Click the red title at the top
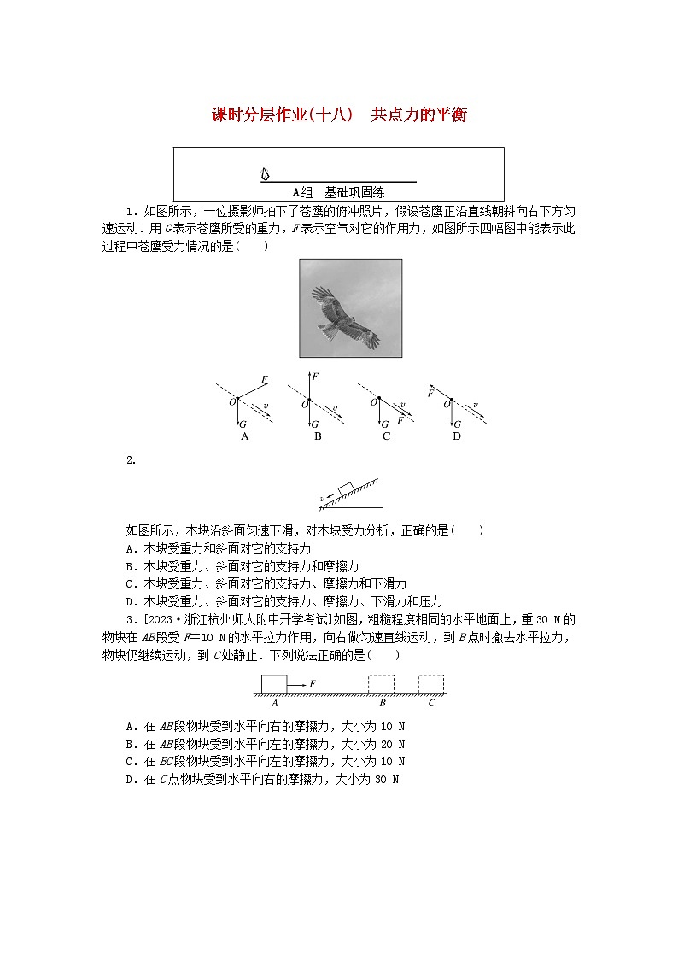click(x=338, y=115)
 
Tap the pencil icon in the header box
click(x=266, y=174)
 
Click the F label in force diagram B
click(x=316, y=376)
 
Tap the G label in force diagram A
click(x=244, y=424)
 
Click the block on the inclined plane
click(x=346, y=488)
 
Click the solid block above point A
click(x=273, y=684)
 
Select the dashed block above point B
click(x=381, y=684)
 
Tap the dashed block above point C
click(x=431, y=684)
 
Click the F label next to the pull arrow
click(x=313, y=683)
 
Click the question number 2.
click(x=131, y=461)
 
